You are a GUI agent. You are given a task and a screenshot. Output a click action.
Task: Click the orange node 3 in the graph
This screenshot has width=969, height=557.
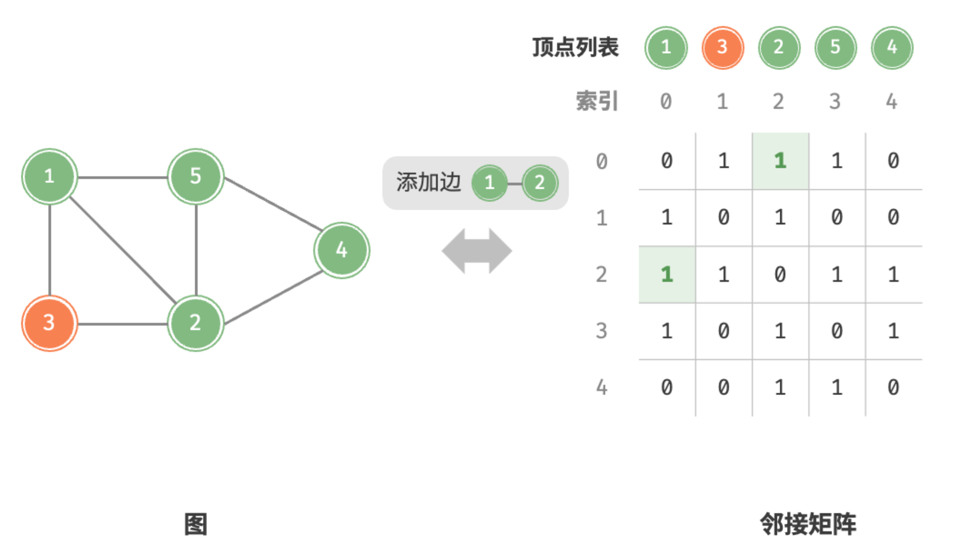[49, 323]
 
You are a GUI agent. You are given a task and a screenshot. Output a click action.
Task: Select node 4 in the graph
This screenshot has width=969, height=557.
[342, 250]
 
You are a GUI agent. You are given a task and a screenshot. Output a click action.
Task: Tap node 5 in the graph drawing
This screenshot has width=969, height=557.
[196, 177]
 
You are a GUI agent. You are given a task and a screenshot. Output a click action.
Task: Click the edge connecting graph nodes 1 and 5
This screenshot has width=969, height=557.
[123, 177]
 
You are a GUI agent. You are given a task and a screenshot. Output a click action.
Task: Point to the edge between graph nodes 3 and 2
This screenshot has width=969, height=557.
[123, 324]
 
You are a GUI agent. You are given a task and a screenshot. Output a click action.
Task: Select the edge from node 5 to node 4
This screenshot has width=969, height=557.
[273, 204]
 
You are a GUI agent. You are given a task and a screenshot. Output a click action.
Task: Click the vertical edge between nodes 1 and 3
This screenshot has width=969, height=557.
[49, 250]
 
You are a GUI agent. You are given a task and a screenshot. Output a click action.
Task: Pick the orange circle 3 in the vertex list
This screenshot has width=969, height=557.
[723, 48]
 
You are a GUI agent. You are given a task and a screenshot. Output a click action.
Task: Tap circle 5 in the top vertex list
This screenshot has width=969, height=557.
[836, 48]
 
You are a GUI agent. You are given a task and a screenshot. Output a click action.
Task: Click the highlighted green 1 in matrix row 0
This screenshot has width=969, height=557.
[780, 161]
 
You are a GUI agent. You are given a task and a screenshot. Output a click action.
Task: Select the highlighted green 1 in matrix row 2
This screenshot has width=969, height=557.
[667, 274]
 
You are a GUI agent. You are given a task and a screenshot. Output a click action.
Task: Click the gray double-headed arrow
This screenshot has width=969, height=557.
[477, 251]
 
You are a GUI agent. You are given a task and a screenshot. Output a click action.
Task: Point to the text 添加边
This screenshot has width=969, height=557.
[428, 182]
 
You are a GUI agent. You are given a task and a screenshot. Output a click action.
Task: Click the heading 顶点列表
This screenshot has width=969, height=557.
[575, 47]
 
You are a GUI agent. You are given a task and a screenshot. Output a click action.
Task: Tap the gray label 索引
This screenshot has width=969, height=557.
[597, 101]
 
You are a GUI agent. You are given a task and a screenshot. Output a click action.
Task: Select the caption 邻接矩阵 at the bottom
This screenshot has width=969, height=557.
[808, 524]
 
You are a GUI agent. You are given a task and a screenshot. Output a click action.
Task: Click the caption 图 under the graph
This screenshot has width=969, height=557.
[196, 524]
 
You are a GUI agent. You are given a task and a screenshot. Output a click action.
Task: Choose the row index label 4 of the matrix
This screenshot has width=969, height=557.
[601, 387]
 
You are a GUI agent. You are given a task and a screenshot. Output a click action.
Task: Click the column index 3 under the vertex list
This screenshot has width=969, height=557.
[835, 101]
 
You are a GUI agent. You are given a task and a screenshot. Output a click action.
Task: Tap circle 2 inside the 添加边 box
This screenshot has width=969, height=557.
[540, 183]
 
